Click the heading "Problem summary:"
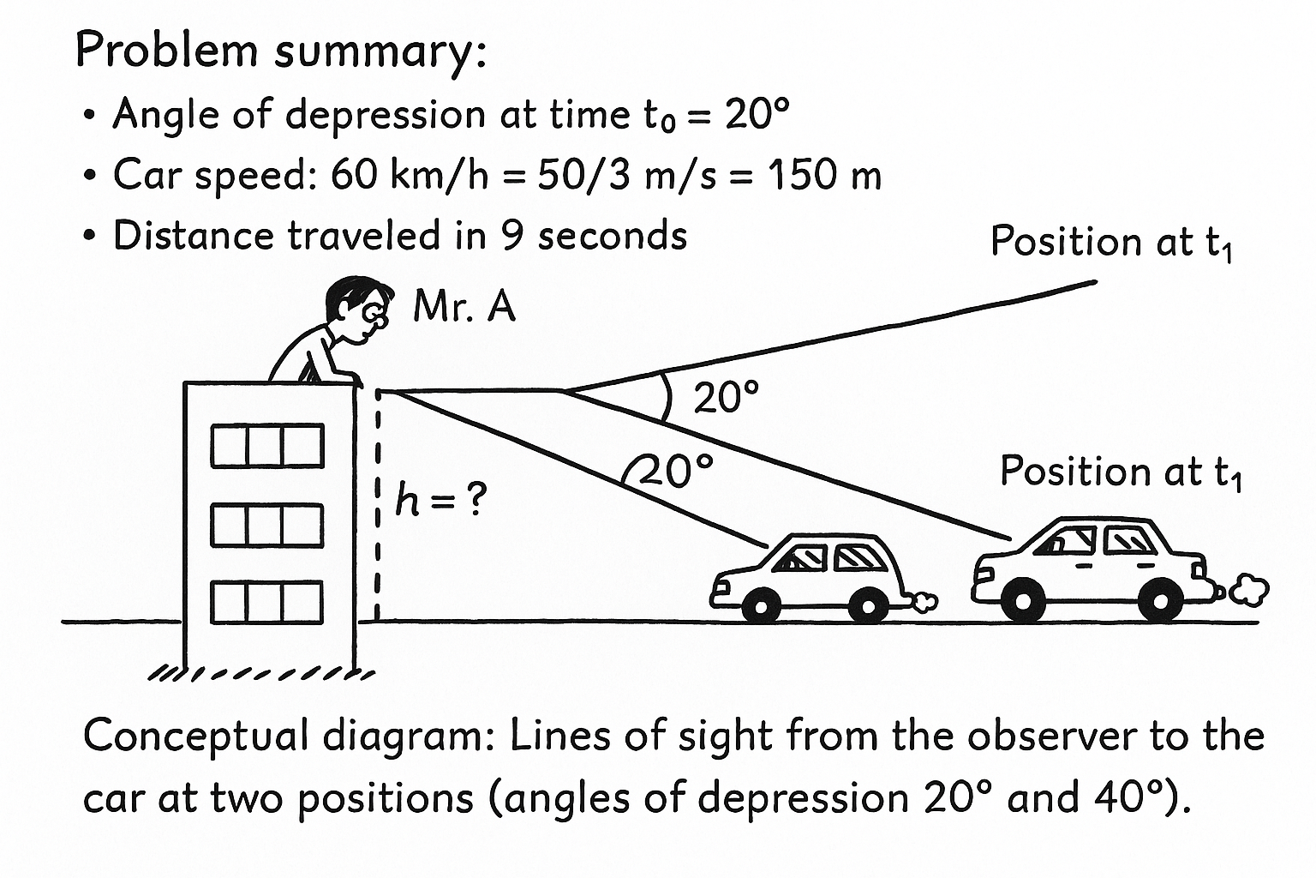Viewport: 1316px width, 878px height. click(281, 51)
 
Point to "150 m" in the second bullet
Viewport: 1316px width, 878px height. click(823, 176)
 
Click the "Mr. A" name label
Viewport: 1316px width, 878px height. click(464, 306)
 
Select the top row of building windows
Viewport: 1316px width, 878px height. click(267, 446)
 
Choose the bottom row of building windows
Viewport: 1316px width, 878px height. click(267, 602)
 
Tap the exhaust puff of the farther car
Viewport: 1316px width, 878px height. click(1249, 590)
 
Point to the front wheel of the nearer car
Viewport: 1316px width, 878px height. click(759, 605)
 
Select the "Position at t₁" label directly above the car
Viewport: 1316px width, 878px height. click(1121, 472)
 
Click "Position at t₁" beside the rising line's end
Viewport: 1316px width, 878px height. click(1111, 243)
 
